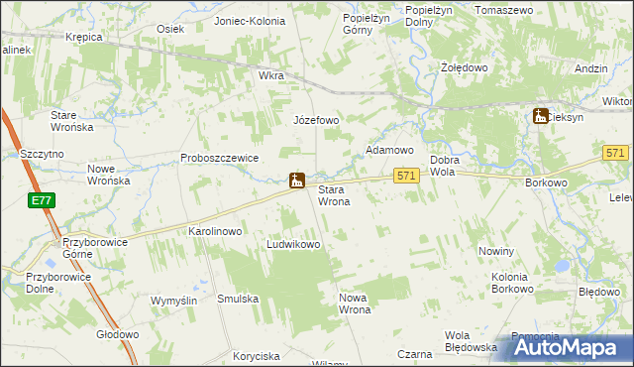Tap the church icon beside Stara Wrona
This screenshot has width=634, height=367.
[x=296, y=180]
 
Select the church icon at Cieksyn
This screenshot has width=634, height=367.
[x=541, y=116]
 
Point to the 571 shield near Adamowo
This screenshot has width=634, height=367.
[x=406, y=176]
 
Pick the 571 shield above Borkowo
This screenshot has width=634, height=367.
[x=615, y=152]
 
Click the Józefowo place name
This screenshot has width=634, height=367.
[x=316, y=120]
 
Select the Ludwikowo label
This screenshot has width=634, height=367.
[x=294, y=244]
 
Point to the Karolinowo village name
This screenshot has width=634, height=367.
[x=215, y=231]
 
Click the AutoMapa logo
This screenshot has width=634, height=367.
[x=571, y=347]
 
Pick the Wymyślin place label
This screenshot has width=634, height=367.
[x=174, y=301]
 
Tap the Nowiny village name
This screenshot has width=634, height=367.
[x=496, y=252]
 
